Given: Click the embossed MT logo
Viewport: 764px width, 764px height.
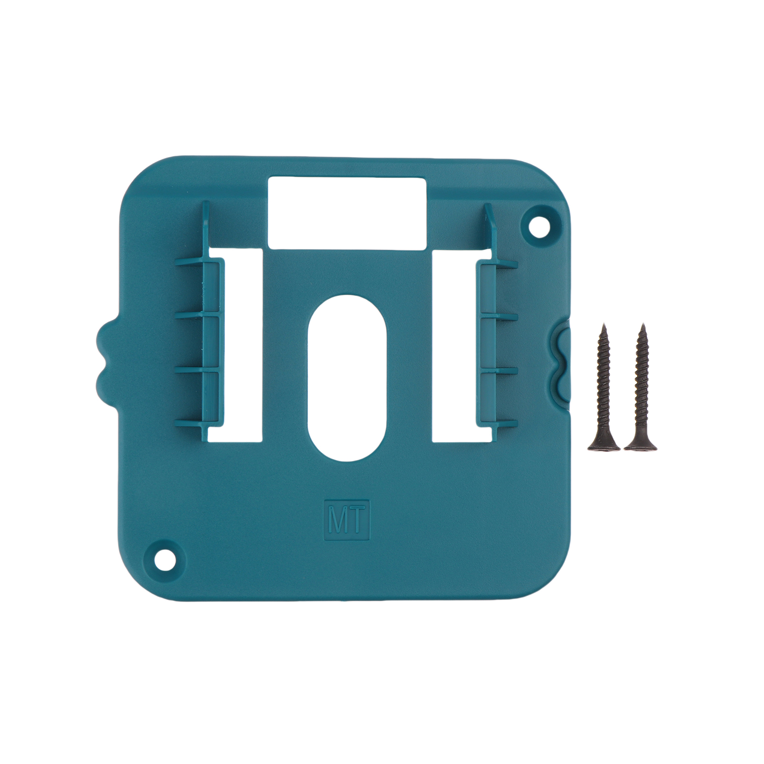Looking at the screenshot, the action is (x=347, y=520).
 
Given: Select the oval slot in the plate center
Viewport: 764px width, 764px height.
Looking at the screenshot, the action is (x=347, y=378).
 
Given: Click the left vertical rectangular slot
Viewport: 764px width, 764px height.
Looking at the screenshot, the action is (x=235, y=344).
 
